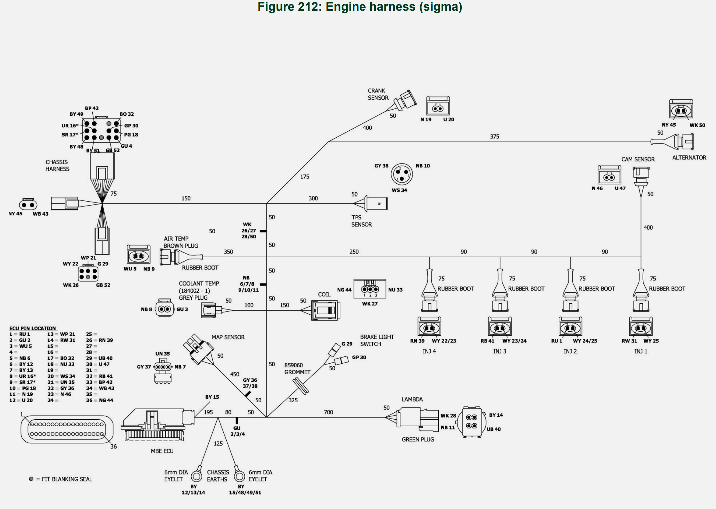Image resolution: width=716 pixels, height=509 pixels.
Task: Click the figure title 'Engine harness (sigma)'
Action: coord(360,7)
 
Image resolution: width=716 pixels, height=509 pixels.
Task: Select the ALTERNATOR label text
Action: coord(689,158)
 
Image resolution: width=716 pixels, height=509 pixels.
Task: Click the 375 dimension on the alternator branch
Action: coord(495,137)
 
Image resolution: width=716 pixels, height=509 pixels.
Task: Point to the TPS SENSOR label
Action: coord(361,221)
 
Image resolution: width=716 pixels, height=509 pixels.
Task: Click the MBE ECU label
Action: coord(162,451)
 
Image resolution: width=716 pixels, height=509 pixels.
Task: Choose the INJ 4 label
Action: coord(429,351)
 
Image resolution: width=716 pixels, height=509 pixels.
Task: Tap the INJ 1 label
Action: coord(641,351)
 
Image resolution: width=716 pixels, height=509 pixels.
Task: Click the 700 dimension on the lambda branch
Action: coord(328,412)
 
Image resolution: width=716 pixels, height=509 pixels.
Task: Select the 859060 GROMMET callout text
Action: coord(297,369)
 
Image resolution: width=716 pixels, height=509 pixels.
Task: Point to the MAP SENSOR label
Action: coord(228,337)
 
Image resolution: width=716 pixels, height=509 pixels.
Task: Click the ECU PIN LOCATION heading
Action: coord(33,328)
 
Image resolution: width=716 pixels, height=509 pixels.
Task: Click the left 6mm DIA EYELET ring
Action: coord(197,476)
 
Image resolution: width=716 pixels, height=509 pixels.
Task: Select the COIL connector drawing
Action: coord(325,310)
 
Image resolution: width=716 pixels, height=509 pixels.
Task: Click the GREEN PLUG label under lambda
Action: coord(418,439)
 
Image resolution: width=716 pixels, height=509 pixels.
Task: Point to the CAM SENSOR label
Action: coord(638,159)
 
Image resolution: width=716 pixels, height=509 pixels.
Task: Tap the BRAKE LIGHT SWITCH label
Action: coord(376,340)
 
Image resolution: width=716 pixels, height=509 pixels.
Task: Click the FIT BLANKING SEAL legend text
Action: coord(67,479)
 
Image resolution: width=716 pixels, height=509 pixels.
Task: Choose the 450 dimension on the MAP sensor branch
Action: coord(235,374)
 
